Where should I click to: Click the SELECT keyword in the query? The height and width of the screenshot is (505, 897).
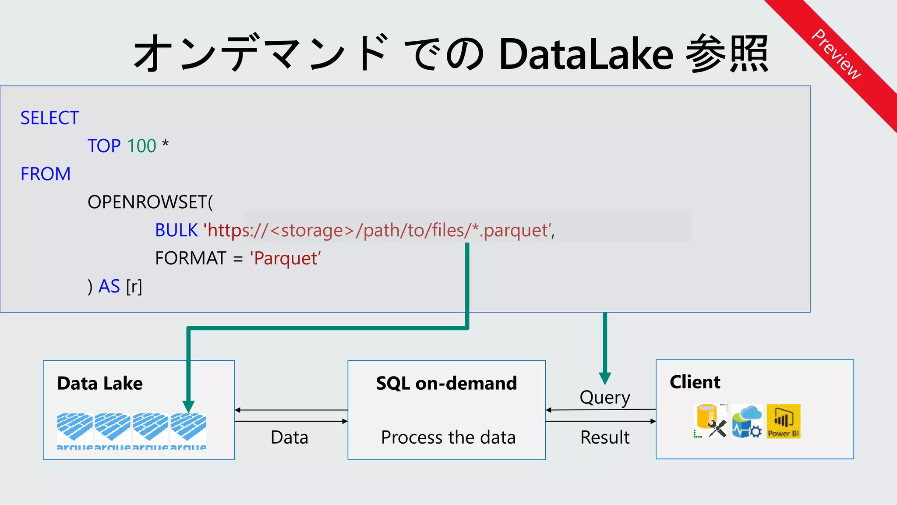49,118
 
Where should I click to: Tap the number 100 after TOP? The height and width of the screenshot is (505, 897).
141,146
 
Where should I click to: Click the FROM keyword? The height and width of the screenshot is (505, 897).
46,174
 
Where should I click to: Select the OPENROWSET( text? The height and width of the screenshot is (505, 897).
150,202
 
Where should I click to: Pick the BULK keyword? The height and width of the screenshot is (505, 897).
177,230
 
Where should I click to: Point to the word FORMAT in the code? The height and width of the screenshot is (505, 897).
191,258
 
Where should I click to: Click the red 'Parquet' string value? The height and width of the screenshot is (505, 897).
285,258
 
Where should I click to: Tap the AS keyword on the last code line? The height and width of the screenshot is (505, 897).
109,286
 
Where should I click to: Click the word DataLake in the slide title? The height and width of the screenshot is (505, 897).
586,54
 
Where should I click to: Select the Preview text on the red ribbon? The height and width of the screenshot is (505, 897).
836,54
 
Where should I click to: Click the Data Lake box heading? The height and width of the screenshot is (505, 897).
100,384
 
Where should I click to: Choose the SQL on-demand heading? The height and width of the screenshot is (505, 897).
446,384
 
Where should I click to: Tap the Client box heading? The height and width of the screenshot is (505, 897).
695,382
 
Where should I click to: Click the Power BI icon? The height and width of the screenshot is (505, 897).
783,421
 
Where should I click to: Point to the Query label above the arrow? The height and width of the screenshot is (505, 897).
605,398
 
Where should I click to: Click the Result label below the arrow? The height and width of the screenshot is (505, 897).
605,437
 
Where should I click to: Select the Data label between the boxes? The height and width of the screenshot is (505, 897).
290,437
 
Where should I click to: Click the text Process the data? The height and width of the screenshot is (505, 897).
448,437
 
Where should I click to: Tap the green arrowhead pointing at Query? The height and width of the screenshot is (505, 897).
605,378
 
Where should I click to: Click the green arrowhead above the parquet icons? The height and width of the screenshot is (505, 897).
188,406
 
